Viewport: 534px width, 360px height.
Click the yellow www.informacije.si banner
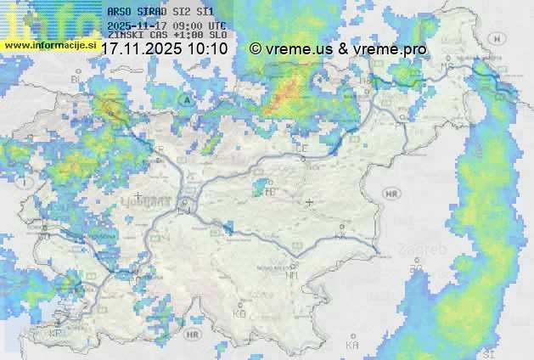coord(48,44)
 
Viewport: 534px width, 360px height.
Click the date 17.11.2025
coord(141,49)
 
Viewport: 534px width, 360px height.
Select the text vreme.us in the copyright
coord(298,49)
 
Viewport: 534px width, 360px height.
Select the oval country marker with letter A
coord(186,99)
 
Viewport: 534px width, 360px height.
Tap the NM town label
coord(292,275)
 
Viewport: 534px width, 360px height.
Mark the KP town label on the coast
coord(56,334)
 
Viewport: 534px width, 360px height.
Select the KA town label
coord(351,346)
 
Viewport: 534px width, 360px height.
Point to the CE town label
coord(301,148)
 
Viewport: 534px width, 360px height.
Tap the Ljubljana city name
coord(158,204)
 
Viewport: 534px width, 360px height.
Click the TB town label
coord(271,193)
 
